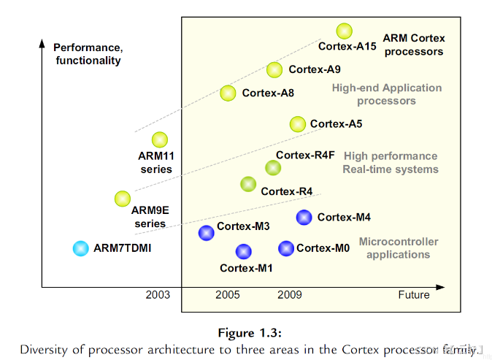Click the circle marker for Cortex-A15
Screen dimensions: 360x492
(x=345, y=31)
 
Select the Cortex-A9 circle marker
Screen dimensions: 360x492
(x=274, y=69)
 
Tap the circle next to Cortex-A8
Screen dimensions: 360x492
(x=228, y=93)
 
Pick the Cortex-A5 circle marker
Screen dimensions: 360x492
(x=297, y=123)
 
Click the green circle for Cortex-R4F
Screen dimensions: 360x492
(x=273, y=168)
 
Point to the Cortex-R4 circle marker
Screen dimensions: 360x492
(x=248, y=184)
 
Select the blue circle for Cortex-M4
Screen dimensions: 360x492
(x=304, y=217)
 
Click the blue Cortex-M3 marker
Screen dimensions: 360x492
(x=207, y=233)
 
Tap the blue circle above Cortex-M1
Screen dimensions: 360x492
(x=244, y=251)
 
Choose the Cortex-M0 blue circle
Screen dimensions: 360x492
(x=286, y=248)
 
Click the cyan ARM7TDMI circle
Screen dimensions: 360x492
(x=80, y=248)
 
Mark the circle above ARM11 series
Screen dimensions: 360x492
(x=159, y=139)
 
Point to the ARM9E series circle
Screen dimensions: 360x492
(x=123, y=198)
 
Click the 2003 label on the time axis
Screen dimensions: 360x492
(x=158, y=295)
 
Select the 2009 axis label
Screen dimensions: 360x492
(x=289, y=295)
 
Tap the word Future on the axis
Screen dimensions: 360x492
(x=414, y=295)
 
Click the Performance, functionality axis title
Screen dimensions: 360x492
(x=88, y=55)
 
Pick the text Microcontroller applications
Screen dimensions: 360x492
(x=398, y=248)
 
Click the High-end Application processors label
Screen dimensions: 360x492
(x=387, y=94)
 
